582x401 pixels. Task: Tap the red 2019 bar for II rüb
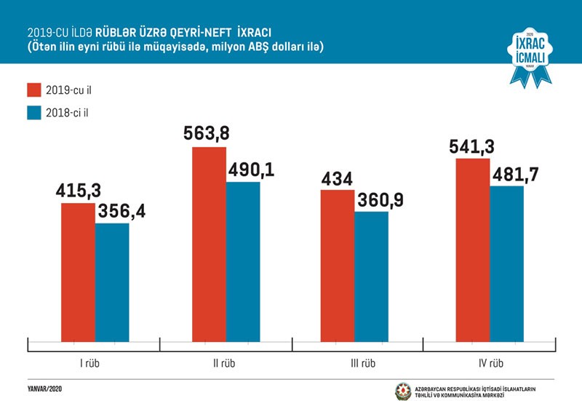coord(208,243)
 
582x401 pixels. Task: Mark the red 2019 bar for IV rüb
coord(473,248)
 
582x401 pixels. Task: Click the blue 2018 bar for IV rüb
coord(507,263)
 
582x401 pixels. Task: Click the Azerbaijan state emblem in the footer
coord(402,390)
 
